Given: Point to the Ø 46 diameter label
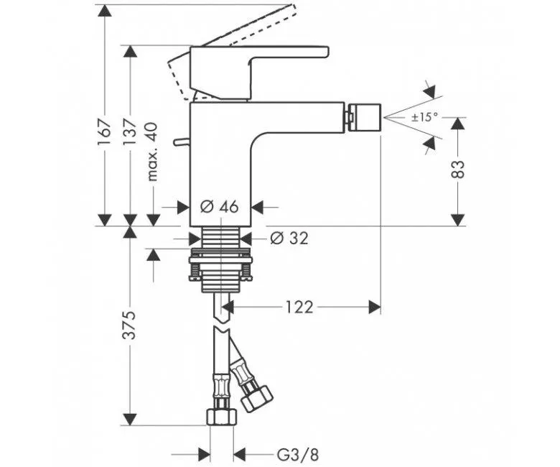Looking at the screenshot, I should pyautogui.click(x=219, y=207).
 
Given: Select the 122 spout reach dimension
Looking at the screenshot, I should pyautogui.click(x=298, y=308).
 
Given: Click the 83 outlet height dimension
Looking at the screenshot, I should pyautogui.click(x=458, y=170).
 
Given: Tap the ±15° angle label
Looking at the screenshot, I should pyautogui.click(x=424, y=117).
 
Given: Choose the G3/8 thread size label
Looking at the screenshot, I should pyautogui.click(x=294, y=454).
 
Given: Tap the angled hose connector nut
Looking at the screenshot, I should pyautogui.click(x=255, y=397).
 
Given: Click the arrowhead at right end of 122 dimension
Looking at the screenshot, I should pyautogui.click(x=374, y=308).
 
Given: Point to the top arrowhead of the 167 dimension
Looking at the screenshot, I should pyautogui.click(x=105, y=10).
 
